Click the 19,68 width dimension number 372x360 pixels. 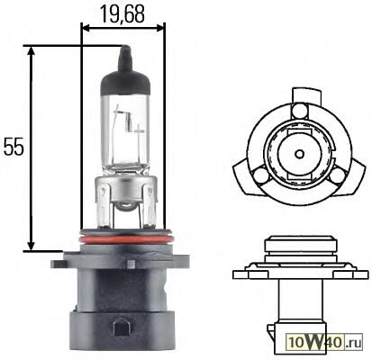122,14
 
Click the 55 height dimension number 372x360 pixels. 14,147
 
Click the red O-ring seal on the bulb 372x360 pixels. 126,239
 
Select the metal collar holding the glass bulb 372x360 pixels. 125,201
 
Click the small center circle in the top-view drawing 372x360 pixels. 299,154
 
